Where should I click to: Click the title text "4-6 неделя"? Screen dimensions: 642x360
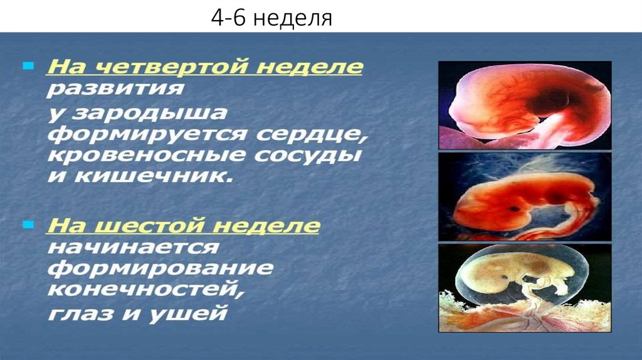click(x=271, y=18)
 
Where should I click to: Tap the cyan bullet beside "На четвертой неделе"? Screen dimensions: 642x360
click(x=28, y=65)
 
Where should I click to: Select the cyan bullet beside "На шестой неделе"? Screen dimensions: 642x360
click(x=28, y=225)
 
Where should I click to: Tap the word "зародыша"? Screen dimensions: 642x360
click(x=149, y=113)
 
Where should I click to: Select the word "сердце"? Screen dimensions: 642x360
click(x=312, y=134)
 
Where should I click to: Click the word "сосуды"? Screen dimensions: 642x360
click(x=307, y=155)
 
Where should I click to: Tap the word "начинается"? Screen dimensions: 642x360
click(x=134, y=247)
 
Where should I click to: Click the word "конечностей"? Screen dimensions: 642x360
click(x=146, y=290)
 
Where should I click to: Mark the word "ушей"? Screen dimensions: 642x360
click(x=187, y=314)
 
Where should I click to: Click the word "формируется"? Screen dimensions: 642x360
click(x=147, y=134)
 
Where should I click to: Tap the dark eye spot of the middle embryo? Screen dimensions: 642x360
click(x=515, y=209)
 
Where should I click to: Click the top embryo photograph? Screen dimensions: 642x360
click(x=525, y=105)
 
